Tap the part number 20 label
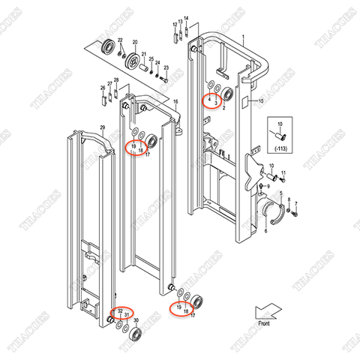point(135,43)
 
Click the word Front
point(263,323)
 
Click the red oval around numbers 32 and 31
point(121,313)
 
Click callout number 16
point(175,101)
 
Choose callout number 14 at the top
point(187,16)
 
